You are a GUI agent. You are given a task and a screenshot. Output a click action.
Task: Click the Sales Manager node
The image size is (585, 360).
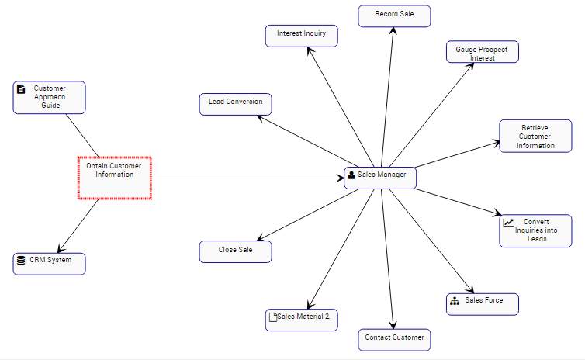pos(380,178)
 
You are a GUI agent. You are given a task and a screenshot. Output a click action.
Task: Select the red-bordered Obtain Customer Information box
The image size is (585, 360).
pos(114,178)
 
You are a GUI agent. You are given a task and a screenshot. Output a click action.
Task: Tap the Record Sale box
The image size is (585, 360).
pos(394,16)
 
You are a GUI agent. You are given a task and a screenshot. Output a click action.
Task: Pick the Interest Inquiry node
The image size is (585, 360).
pos(301,35)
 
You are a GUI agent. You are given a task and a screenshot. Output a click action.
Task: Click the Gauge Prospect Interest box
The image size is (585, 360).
pos(483,52)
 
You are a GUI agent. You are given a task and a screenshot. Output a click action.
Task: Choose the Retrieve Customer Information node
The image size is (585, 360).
pos(536,136)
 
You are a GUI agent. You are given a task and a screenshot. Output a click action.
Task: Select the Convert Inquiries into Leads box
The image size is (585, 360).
pos(536,230)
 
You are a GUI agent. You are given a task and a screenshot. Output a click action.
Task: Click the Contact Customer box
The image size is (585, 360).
pos(394,339)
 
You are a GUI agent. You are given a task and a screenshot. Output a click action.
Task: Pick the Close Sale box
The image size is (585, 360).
pos(235,251)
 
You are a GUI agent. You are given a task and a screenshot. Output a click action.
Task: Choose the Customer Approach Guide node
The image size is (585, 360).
pos(50,97)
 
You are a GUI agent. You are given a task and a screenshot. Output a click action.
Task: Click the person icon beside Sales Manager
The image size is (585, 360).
pos(351,175)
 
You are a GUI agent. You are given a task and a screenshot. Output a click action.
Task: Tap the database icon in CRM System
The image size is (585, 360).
pos(21,261)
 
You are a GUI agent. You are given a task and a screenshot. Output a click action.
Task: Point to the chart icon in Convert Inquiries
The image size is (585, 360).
pos(508,222)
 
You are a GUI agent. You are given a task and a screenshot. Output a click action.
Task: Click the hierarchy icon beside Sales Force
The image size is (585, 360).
pos(454,301)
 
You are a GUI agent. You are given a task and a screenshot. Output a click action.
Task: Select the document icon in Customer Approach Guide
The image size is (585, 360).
pos(21,88)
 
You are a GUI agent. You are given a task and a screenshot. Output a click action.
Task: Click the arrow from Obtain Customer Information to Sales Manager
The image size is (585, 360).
pos(248,178)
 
